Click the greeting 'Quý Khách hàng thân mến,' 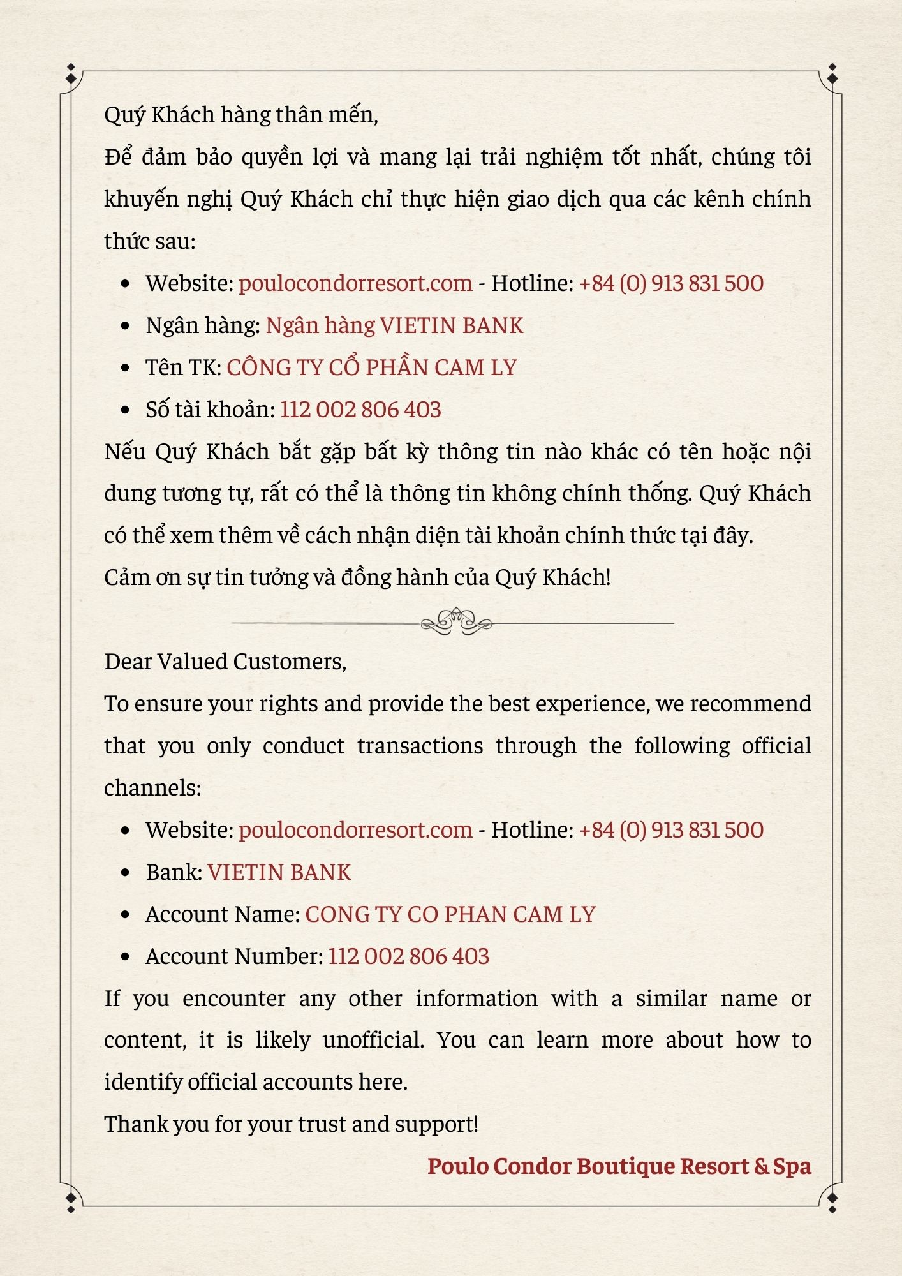[x=241, y=115]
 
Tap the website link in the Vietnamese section [x=355, y=283]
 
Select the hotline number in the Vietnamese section [x=671, y=283]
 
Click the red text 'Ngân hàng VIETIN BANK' [x=394, y=325]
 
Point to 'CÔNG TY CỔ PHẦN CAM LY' [x=371, y=367]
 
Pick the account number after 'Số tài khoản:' [x=360, y=410]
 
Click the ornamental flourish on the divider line [x=456, y=621]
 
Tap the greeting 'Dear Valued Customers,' [x=225, y=662]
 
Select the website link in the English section [x=355, y=830]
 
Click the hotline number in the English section [x=671, y=830]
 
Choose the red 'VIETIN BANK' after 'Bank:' [x=279, y=872]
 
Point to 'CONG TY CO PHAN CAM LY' [x=450, y=914]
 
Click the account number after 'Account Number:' [x=409, y=956]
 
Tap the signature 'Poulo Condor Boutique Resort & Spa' [x=619, y=1166]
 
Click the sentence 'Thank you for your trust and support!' [x=291, y=1124]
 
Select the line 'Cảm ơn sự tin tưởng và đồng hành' [x=357, y=577]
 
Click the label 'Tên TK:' [x=183, y=367]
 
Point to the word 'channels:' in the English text [x=152, y=788]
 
